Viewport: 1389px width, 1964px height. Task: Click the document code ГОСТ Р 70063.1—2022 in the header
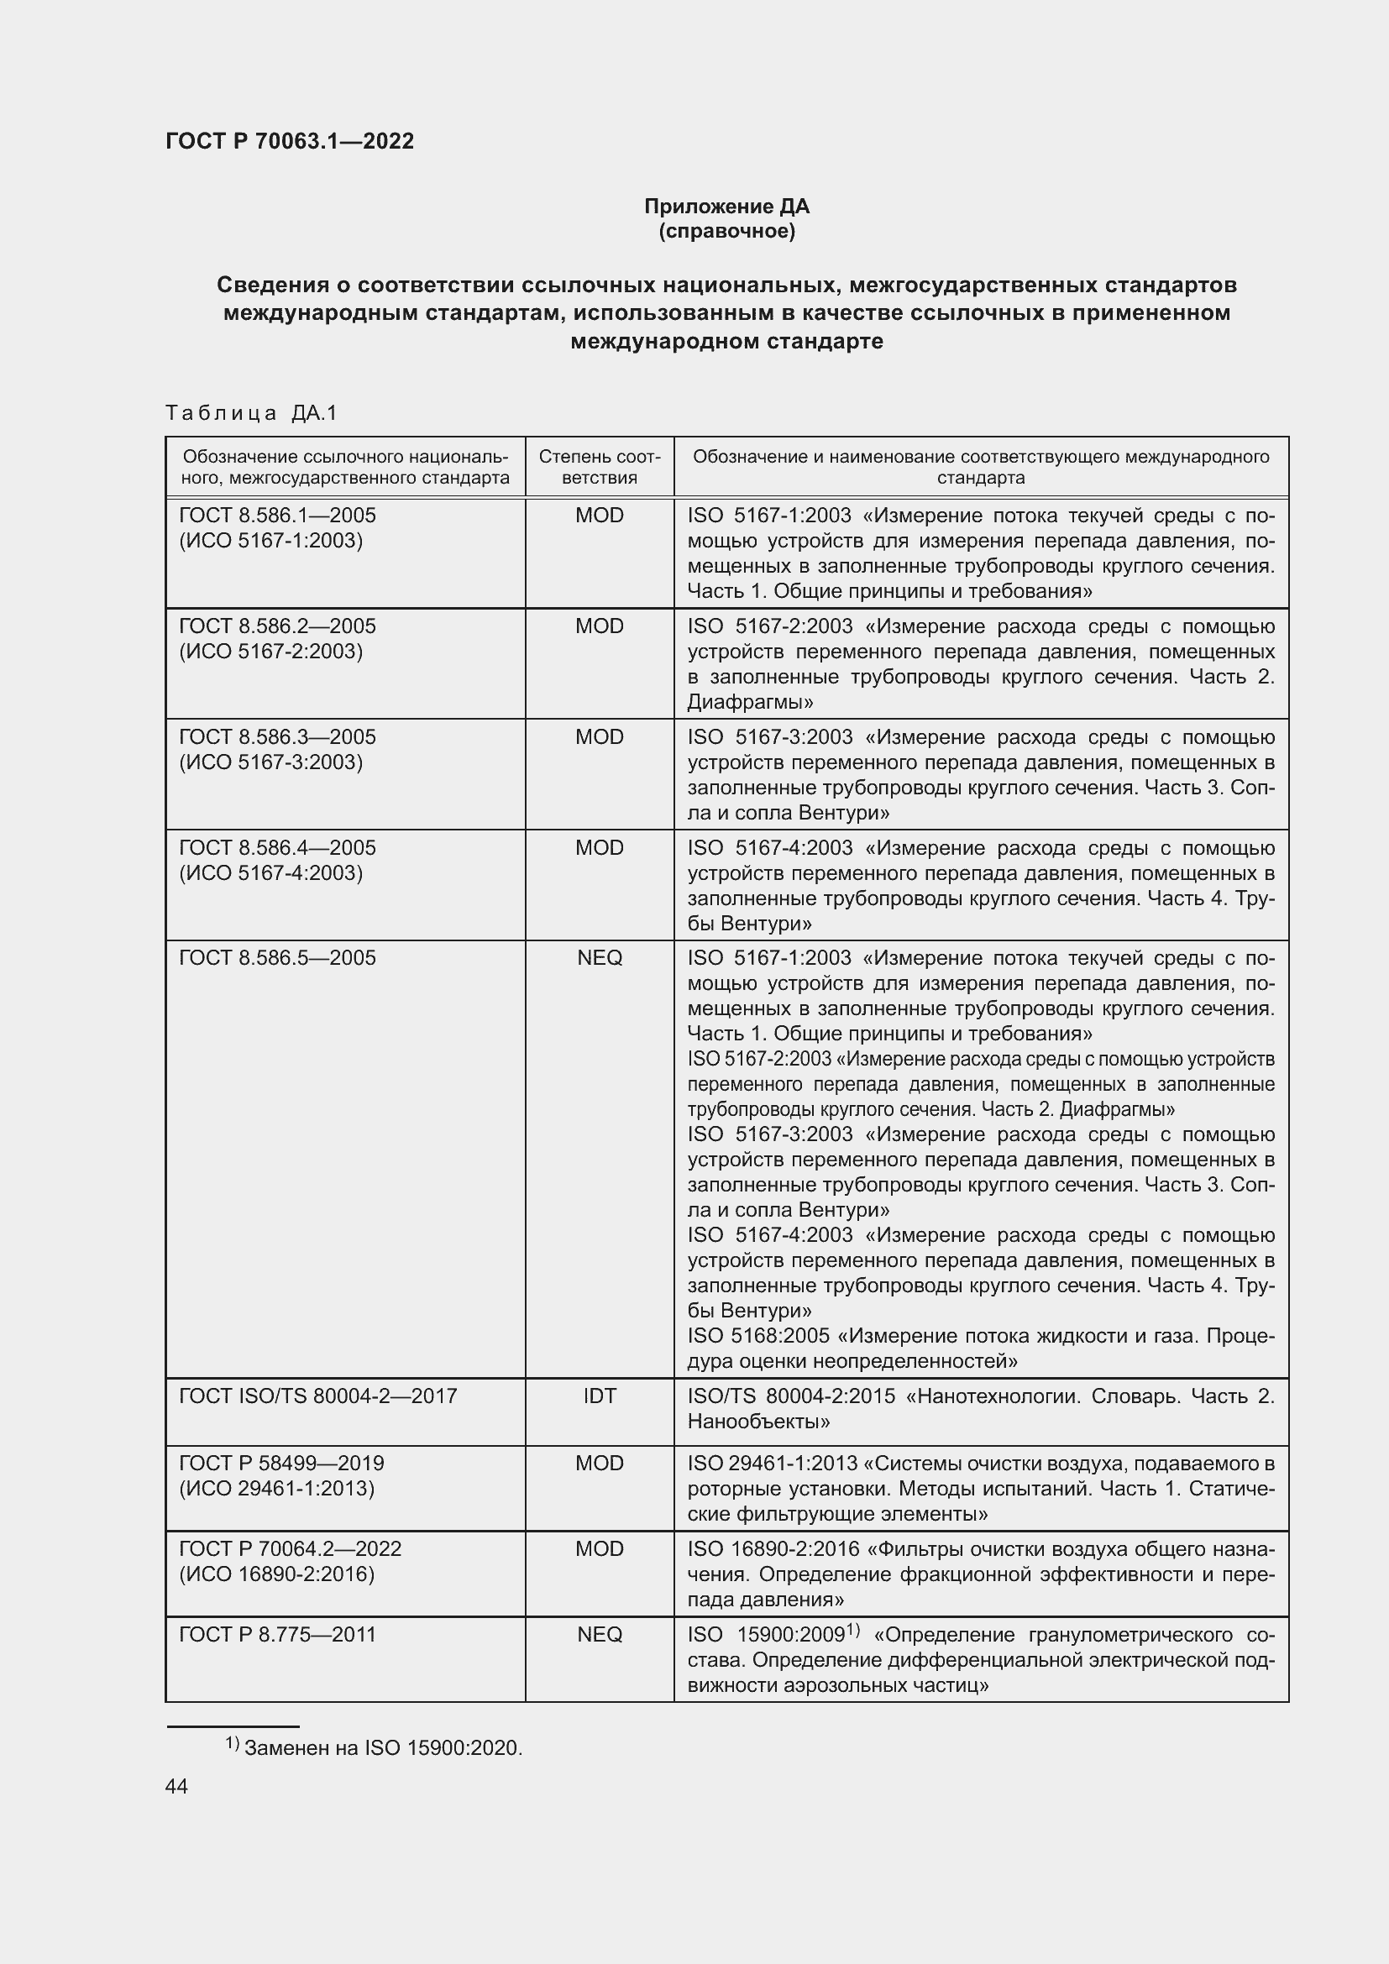tap(289, 141)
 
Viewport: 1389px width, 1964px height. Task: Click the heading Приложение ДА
tap(726, 207)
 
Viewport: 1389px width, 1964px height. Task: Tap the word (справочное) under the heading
tap(726, 231)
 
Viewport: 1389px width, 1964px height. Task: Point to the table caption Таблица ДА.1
tap(251, 413)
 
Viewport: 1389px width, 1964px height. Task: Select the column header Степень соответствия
tap(599, 467)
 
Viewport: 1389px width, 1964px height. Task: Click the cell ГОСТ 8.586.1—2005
tap(277, 516)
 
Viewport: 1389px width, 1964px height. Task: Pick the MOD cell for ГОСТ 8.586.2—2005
tap(599, 626)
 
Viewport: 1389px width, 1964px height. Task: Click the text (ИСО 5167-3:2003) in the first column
tap(270, 762)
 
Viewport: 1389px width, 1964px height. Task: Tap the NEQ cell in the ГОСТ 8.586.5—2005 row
tap(599, 958)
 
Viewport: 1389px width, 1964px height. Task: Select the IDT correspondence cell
tap(599, 1396)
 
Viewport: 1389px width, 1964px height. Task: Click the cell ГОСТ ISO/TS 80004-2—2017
tap(318, 1396)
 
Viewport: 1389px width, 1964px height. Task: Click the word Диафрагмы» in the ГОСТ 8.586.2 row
tap(749, 702)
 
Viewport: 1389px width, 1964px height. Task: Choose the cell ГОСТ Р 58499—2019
tap(281, 1464)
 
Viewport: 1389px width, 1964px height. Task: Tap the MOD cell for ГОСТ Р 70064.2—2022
tap(599, 1549)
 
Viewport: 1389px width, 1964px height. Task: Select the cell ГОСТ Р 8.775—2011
tap(277, 1635)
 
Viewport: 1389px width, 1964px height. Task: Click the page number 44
tap(176, 1787)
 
